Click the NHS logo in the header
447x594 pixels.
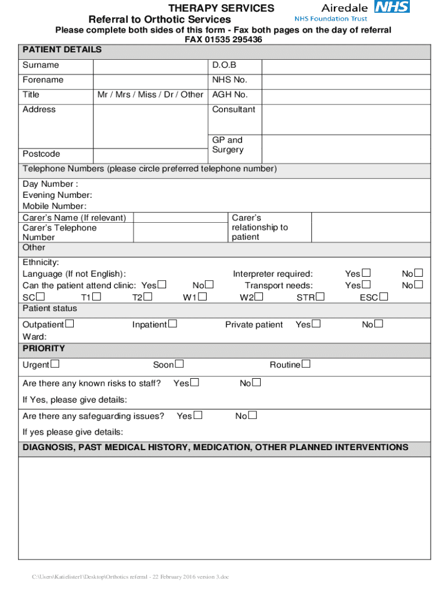point(392,7)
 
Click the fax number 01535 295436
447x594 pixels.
point(223,39)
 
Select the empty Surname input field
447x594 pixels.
point(150,66)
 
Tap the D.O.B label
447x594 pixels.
point(224,66)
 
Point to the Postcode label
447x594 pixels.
point(41,154)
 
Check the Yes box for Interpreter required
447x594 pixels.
point(366,273)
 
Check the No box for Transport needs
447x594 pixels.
point(419,285)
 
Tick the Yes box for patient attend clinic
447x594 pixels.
point(163,285)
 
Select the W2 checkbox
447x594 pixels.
point(259,297)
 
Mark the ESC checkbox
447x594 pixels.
point(384,297)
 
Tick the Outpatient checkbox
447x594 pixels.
point(70,324)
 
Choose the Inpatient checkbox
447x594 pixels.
point(172,324)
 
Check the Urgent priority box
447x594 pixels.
point(55,364)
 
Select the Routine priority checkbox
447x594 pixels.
point(306,364)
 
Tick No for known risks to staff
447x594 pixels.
point(257,383)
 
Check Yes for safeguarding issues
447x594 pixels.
point(199,415)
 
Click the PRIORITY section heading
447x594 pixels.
point(44,349)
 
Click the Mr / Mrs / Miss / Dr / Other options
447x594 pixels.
point(150,95)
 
